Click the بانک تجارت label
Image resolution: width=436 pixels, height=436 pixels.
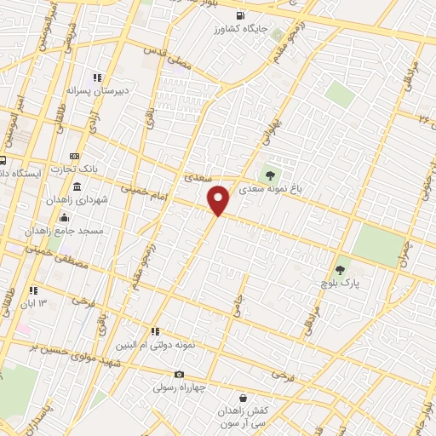96,169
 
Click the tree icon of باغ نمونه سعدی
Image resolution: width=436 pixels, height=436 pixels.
270,176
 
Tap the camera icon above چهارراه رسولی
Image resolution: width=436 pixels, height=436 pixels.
179,374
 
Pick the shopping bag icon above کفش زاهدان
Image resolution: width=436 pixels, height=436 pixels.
244,397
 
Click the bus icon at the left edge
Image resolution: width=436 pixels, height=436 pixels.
3,160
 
